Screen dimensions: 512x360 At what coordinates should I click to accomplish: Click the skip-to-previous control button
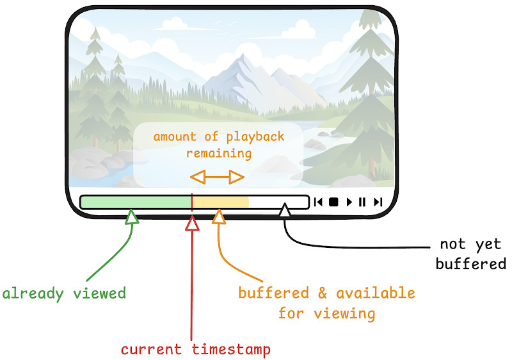point(318,202)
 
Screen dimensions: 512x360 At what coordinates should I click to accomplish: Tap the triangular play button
point(349,202)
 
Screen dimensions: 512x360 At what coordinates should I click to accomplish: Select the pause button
point(362,202)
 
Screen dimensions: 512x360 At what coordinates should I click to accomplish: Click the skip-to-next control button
point(378,202)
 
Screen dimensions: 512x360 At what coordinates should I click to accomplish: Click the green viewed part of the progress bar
point(136,202)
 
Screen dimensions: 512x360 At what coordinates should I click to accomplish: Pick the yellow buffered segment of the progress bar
point(221,202)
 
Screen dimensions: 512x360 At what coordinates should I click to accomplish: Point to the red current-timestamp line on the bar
point(192,202)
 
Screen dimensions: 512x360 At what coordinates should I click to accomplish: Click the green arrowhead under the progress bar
point(132,217)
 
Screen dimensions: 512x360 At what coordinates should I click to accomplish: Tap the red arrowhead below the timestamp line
point(192,224)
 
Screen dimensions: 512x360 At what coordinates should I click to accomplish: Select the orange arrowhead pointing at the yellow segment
point(219,217)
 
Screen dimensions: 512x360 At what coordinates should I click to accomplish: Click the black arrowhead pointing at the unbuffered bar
point(285,209)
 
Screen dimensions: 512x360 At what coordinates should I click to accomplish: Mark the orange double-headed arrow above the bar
point(217,177)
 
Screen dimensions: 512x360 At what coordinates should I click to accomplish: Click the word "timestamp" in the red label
point(231,350)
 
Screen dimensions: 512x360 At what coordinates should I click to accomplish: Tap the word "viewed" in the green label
point(99,293)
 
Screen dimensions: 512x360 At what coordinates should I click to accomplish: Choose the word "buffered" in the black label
point(471,264)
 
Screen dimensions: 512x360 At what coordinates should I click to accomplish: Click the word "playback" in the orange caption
point(255,137)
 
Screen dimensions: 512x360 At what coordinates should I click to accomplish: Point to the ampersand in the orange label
point(323,293)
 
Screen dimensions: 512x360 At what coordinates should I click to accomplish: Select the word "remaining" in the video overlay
point(219,153)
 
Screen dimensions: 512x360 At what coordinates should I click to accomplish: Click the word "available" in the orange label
point(376,293)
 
